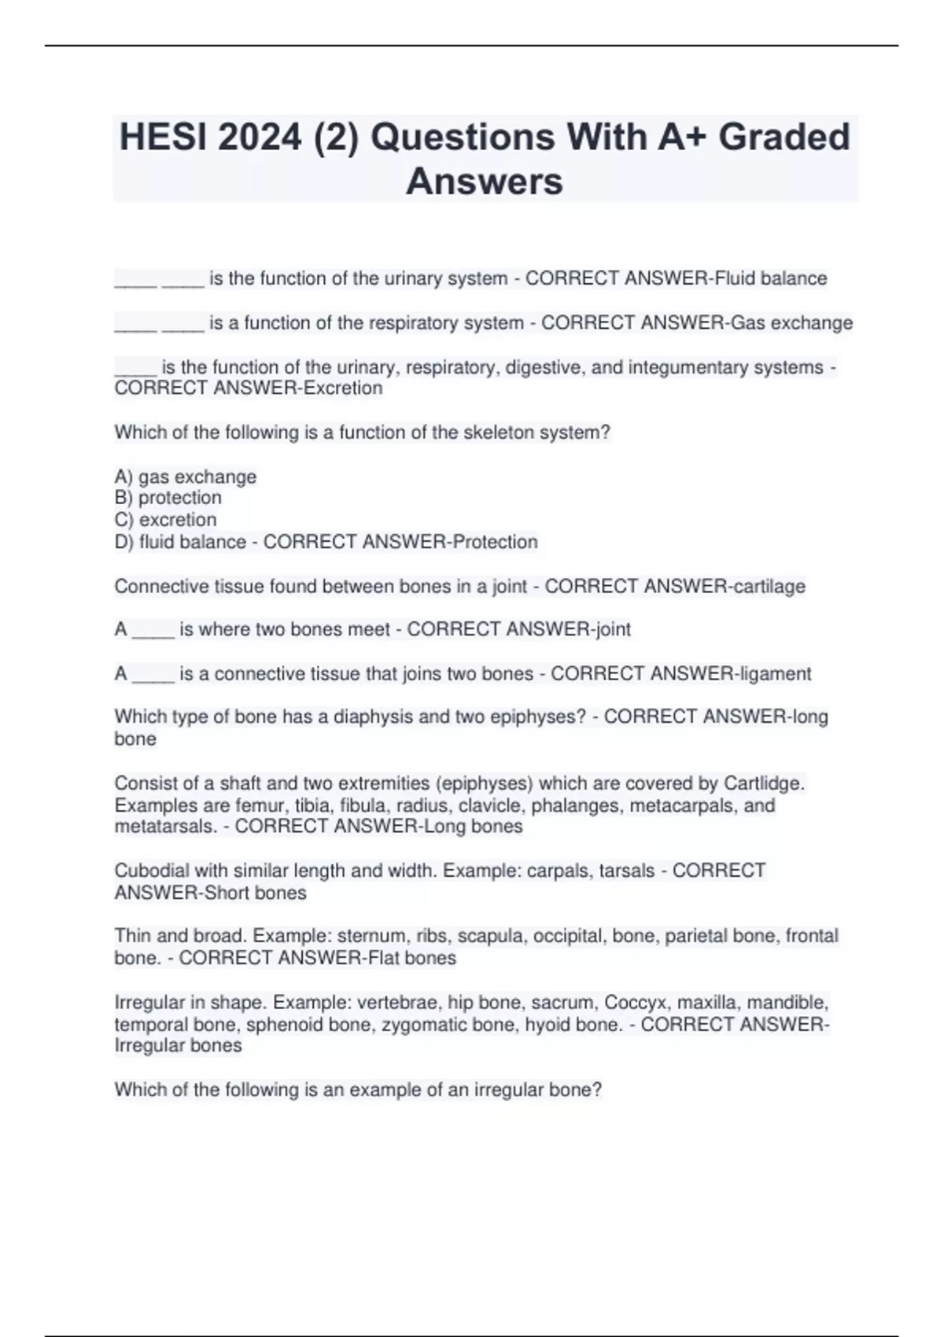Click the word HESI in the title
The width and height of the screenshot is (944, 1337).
point(163,137)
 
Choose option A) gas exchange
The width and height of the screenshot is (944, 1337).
point(186,477)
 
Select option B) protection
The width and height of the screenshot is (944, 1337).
point(168,497)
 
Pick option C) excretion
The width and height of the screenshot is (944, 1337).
point(166,519)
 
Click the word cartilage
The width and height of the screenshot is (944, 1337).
point(769,586)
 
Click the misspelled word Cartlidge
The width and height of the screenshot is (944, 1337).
point(763,783)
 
